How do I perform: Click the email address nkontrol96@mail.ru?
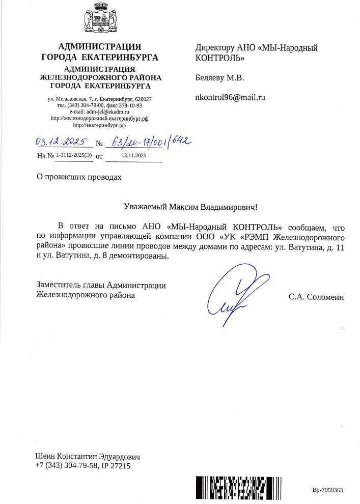(231, 97)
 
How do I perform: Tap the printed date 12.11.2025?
(133, 156)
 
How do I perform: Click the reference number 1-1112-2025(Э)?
(74, 156)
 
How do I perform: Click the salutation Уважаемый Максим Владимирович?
(191, 207)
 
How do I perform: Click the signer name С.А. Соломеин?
(316, 296)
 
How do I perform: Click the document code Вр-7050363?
(328, 490)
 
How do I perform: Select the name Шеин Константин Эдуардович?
(88, 456)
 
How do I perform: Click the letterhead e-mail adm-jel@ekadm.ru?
(108, 111)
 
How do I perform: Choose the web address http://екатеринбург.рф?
(100, 124)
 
